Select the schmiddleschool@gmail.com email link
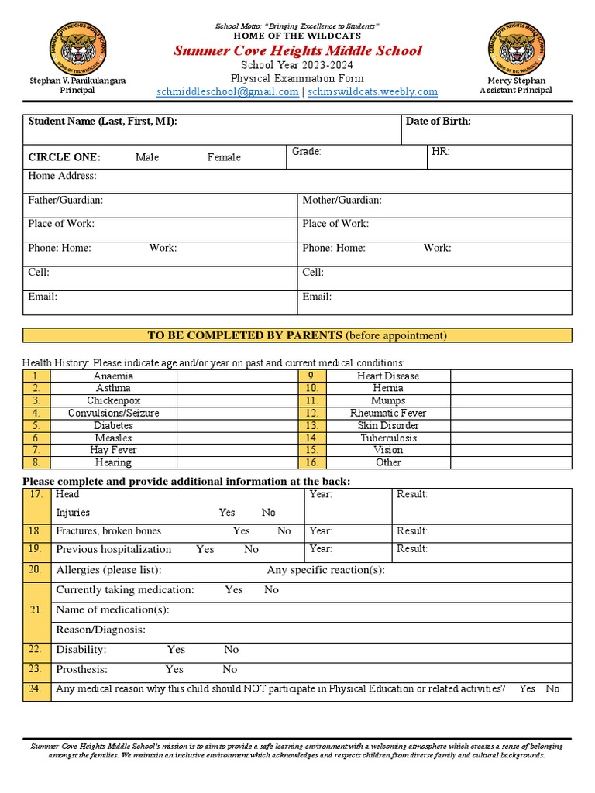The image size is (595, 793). pos(227,91)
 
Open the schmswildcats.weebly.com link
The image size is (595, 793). pos(373,91)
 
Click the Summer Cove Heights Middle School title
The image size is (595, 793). pos(297,50)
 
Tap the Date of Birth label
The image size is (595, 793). pos(438,122)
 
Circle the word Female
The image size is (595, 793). pos(224,157)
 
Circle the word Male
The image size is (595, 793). pos(147,157)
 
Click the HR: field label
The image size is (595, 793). pos(440,152)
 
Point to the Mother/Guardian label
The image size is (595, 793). pos(342,201)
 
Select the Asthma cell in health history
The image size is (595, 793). pos(113,388)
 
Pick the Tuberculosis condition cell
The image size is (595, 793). pos(388,438)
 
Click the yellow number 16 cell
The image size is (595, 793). pos(311,462)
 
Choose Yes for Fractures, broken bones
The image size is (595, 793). pos(242,531)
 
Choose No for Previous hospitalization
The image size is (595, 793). pos(251,549)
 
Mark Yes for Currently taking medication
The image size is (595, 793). pos(234,590)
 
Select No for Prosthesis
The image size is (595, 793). pos(230,670)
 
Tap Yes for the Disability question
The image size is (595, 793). pos(176,650)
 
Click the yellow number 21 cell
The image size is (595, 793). pos(36,610)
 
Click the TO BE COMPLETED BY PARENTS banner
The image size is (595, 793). pos(297,335)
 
